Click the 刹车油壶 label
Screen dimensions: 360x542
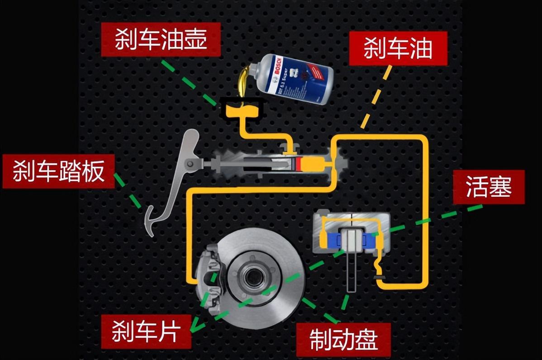point(161,40)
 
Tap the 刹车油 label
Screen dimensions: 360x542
point(398,49)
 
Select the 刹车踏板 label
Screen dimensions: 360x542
point(59,172)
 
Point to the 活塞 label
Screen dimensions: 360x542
point(489,187)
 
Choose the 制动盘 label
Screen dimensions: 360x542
point(344,340)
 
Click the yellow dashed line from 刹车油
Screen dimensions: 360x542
point(376,97)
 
